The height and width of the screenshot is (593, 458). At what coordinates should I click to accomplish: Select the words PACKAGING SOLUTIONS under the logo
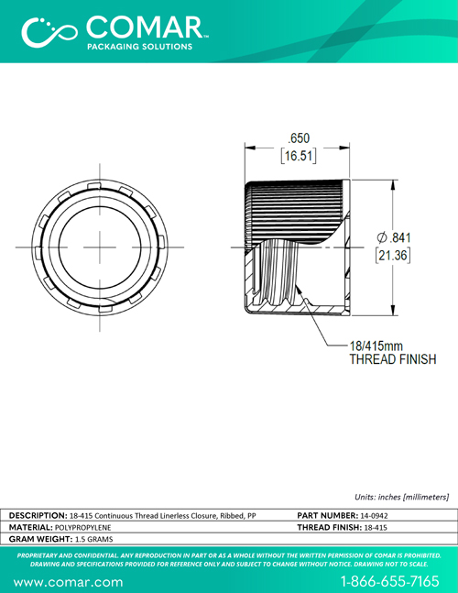[x=140, y=47]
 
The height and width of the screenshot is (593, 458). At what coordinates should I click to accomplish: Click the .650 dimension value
[x=299, y=138]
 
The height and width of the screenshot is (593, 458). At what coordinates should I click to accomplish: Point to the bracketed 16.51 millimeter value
[x=299, y=156]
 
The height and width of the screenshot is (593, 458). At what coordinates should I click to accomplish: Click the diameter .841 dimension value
[x=394, y=237]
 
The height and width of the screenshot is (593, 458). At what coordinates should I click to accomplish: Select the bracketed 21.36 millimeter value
[x=393, y=256]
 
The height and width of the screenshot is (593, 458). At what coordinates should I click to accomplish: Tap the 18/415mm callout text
[x=376, y=346]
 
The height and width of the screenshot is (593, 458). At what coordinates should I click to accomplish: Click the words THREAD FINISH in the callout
[x=393, y=359]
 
